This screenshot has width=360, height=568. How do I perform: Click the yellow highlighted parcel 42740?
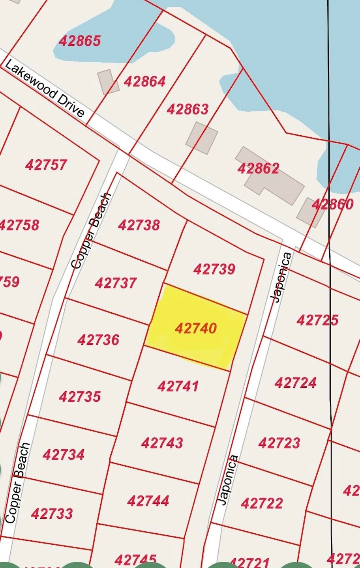(195, 328)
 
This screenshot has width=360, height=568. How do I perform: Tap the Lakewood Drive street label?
(45, 89)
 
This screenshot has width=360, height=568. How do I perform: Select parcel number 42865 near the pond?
(80, 41)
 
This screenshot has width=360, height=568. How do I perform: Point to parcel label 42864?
(144, 81)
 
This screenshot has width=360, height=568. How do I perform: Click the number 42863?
(187, 109)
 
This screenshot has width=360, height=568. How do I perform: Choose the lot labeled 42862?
(258, 168)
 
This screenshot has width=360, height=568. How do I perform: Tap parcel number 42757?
(46, 164)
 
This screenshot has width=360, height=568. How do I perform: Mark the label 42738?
(139, 225)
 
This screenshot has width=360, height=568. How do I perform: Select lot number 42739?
(214, 269)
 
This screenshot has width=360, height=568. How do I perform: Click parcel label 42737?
(116, 283)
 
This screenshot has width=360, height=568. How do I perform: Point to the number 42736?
(98, 340)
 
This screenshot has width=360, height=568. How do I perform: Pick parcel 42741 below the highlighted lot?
(178, 386)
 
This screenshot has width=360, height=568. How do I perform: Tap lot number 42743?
(162, 443)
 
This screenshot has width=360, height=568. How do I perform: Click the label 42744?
(148, 501)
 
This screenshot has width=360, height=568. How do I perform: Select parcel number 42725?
(317, 320)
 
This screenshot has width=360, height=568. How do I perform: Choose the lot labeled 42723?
(279, 443)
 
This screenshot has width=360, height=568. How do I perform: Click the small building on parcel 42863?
(202, 138)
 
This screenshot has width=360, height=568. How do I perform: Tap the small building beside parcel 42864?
(108, 82)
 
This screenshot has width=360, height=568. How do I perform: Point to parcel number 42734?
(63, 454)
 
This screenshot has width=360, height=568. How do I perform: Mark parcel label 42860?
(332, 204)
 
